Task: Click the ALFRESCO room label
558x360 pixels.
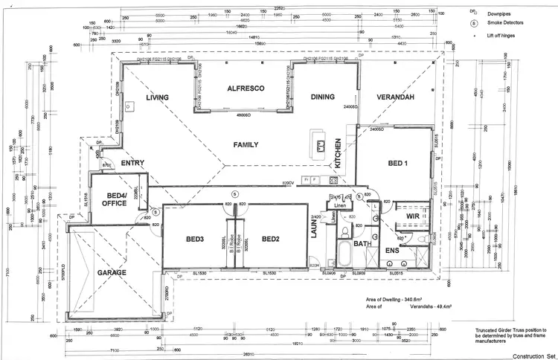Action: tap(246, 89)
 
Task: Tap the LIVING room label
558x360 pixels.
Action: tap(158, 97)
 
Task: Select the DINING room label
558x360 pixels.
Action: tap(322, 97)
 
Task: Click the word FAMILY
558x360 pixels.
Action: tap(246, 144)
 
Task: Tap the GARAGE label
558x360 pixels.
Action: tap(111, 273)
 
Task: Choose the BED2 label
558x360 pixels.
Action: tap(270, 240)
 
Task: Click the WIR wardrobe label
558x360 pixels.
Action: tap(414, 216)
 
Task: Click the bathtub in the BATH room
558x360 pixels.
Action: tap(344, 254)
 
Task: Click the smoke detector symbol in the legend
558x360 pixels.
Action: tap(474, 23)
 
